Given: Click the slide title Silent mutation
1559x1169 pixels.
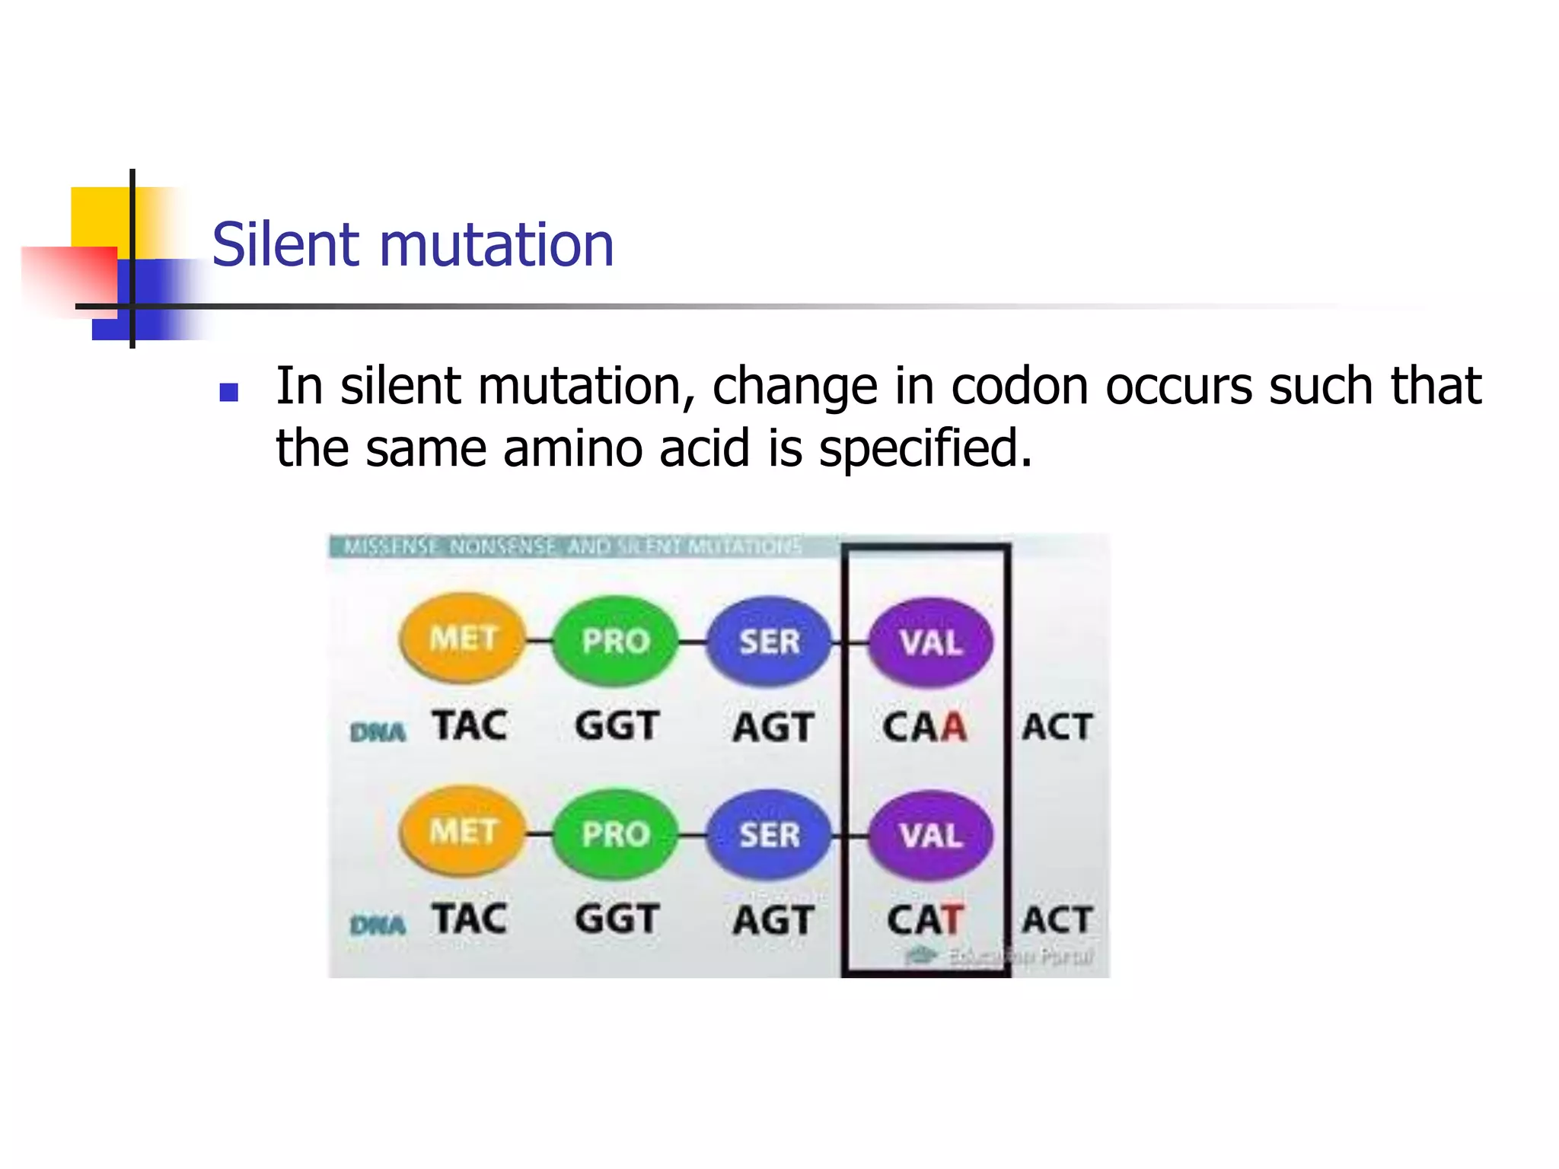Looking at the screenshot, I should coord(413,245).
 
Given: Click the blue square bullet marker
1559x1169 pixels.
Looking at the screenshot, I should coord(228,392).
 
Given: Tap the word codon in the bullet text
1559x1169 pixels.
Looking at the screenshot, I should coord(1019,386).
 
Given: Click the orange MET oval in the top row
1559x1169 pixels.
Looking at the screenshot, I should coord(463,638).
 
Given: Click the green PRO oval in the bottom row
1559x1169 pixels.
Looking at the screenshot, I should coord(615,834).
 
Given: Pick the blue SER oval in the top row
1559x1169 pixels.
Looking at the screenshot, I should coord(769,642).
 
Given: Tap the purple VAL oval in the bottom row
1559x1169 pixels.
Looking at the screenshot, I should coord(930,836).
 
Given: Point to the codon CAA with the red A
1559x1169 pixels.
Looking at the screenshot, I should coord(924,727).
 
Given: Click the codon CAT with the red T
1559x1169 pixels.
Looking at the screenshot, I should coord(925,919).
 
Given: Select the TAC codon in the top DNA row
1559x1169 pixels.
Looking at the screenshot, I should coord(470,725).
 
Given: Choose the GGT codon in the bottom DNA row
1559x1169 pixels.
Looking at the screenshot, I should coord(617,919).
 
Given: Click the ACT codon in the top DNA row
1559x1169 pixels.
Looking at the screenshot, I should coord(1057,727).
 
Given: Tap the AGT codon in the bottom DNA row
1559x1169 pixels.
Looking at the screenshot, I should coord(773,920).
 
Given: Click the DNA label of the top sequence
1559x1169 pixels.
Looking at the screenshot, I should coord(378,732).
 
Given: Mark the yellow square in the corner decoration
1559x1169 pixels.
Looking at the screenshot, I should coord(99,216).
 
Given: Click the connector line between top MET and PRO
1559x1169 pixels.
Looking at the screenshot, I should coord(539,641).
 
